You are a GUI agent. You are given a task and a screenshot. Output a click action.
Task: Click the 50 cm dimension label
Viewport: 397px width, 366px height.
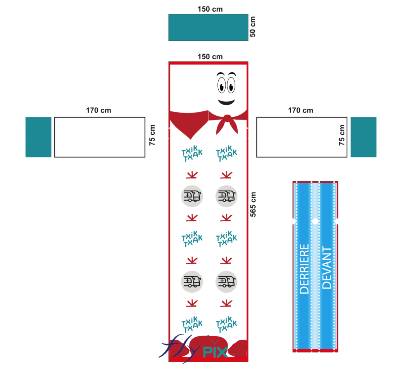pos(253,26)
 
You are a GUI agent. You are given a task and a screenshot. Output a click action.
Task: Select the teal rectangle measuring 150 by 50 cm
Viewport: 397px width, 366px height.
pos(208,27)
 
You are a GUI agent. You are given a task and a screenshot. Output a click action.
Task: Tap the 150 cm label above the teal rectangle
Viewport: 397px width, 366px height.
pos(210,9)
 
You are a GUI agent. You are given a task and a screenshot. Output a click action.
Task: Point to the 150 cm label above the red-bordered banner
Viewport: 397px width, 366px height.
pos(210,57)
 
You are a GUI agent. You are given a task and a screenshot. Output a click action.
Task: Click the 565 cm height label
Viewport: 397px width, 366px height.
pos(253,205)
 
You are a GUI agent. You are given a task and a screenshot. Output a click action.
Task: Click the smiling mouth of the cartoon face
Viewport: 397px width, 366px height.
pos(226,102)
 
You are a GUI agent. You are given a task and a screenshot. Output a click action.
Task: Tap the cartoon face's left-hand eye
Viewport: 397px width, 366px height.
pos(221,85)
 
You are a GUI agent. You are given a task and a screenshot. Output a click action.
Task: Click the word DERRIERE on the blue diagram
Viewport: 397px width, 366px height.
pos(305,269)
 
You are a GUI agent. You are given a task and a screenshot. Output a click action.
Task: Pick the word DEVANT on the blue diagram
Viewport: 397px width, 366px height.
pos(327,268)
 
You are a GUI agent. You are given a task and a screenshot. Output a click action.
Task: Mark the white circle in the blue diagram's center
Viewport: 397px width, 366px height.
pos(315,221)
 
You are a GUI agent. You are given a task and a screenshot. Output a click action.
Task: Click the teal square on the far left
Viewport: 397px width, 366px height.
pos(38,137)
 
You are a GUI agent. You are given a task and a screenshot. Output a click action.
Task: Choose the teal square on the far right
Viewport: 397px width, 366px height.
pos(363,137)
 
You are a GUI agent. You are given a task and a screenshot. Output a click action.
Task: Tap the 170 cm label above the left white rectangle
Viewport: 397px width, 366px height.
pos(98,111)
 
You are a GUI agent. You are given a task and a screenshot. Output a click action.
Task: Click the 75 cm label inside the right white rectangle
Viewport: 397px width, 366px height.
pos(342,135)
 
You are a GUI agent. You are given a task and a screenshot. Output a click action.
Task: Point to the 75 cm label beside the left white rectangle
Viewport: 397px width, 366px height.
pos(152,135)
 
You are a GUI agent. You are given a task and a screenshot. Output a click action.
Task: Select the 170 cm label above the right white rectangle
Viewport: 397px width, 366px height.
pos(300,111)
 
